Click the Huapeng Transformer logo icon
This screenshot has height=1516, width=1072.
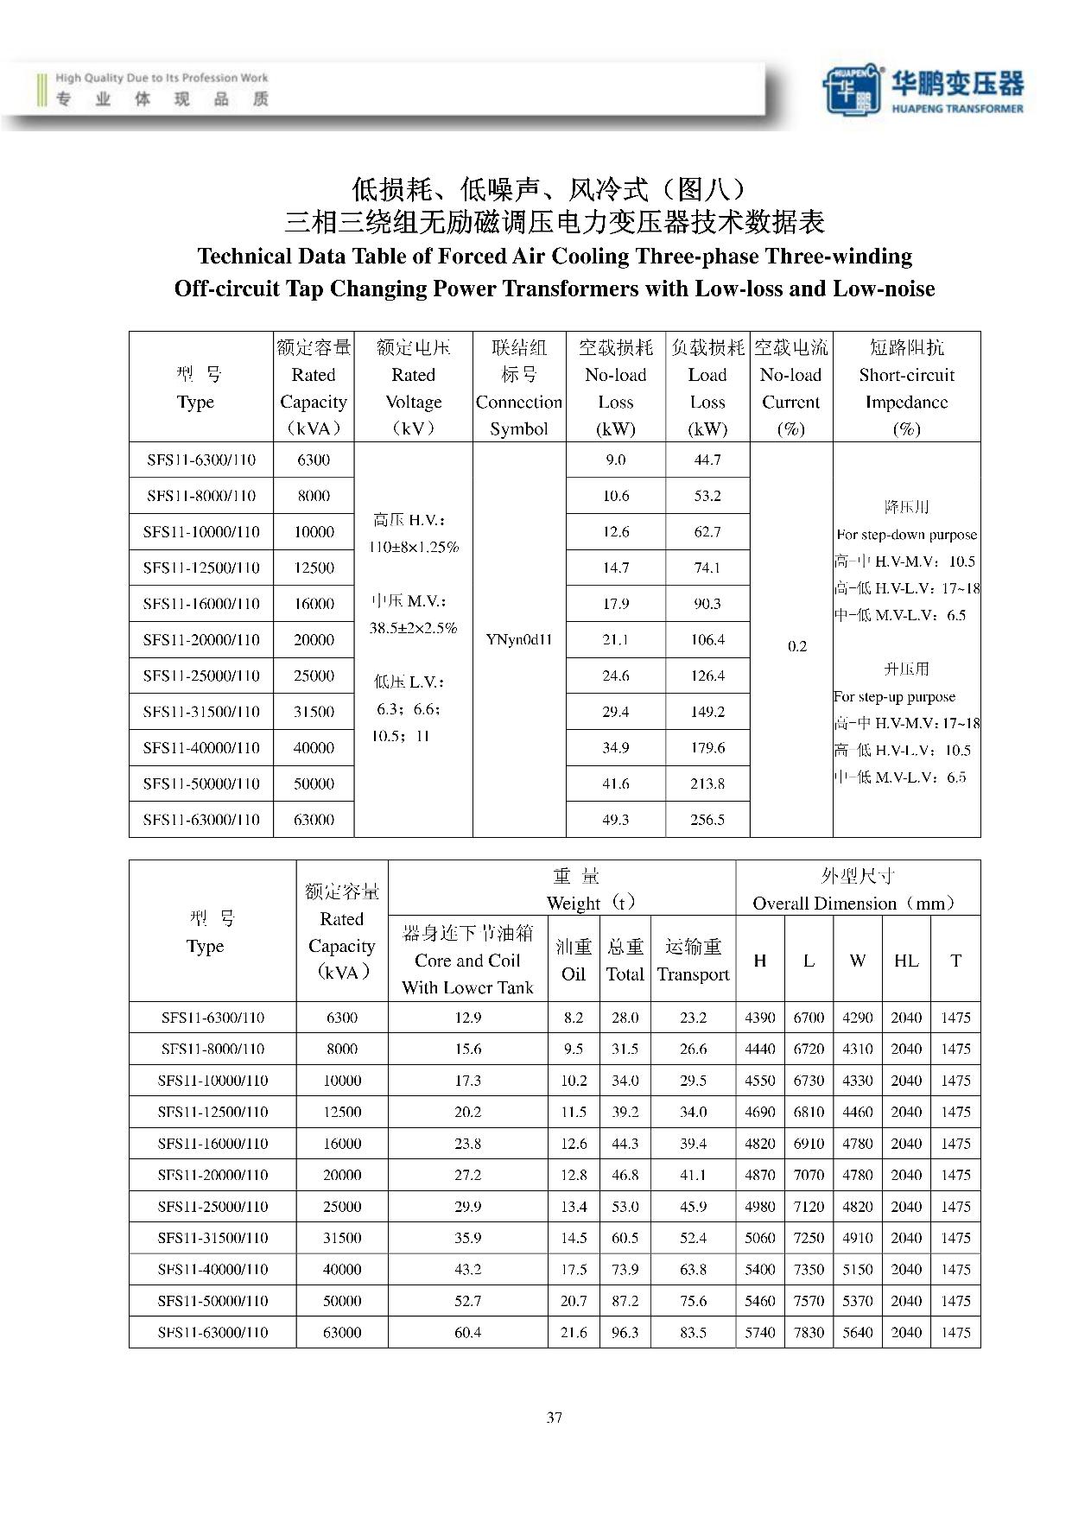852,89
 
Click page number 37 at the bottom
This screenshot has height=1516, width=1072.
555,1417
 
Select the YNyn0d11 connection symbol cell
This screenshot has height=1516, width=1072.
519,640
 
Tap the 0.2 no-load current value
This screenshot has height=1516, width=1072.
797,646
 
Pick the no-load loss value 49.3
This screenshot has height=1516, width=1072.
616,820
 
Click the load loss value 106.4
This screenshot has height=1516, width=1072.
707,640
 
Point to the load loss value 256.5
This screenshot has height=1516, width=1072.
707,820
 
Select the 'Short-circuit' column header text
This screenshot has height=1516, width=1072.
906,375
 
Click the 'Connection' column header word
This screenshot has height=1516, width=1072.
519,402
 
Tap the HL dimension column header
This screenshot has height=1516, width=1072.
906,961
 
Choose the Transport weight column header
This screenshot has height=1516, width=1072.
693,974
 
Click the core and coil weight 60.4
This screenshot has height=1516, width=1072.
467,1332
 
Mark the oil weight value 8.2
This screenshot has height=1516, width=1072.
574,1018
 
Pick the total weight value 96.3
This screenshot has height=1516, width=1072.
625,1332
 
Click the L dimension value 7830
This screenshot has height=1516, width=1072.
809,1332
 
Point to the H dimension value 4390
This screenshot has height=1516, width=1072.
760,1018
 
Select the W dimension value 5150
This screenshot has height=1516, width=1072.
858,1269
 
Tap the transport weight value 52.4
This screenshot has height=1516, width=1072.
693,1238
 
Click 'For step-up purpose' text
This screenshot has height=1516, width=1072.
894,696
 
